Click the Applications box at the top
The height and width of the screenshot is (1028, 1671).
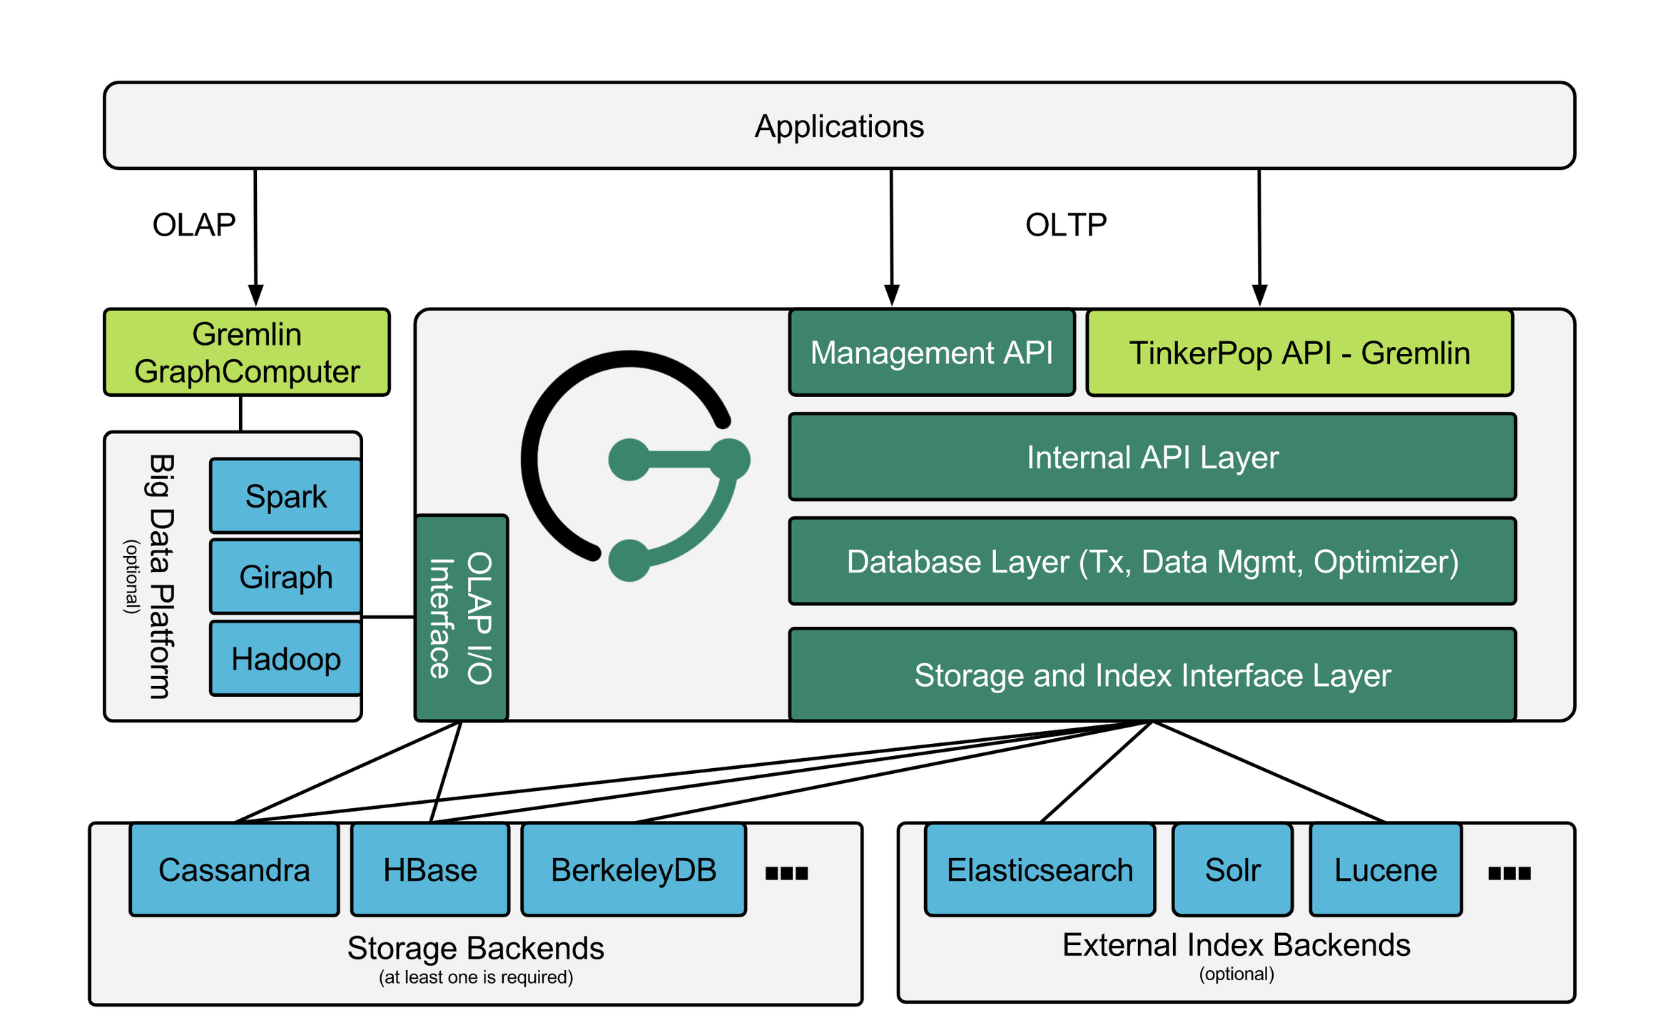tap(839, 126)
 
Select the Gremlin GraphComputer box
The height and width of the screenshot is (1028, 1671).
tap(247, 353)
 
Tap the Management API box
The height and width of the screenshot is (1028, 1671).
tap(932, 353)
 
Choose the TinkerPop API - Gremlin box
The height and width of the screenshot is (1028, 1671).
tap(1299, 353)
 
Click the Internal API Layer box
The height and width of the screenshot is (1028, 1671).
tap(1152, 457)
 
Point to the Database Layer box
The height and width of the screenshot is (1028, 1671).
tap(1152, 561)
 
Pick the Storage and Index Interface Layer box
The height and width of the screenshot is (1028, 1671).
tap(1152, 675)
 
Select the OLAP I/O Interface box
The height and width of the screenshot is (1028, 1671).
tap(461, 618)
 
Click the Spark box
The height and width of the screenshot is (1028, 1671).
tap(285, 496)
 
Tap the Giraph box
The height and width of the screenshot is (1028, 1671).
tap(285, 577)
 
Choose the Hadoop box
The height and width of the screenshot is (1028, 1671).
tap(285, 658)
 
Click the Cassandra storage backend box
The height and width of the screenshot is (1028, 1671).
tap(234, 870)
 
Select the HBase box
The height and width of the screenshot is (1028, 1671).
tap(430, 870)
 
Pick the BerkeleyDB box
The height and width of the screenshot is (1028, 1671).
tap(634, 870)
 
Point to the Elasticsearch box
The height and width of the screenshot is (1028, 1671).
tap(1040, 870)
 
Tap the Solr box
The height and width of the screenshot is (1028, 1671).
tap(1232, 870)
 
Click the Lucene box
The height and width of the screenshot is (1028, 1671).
tap(1386, 870)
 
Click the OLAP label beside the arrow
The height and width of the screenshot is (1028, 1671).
tap(194, 225)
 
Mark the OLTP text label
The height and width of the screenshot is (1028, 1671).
tap(1066, 225)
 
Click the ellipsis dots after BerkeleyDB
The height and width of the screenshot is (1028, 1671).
tap(786, 873)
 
